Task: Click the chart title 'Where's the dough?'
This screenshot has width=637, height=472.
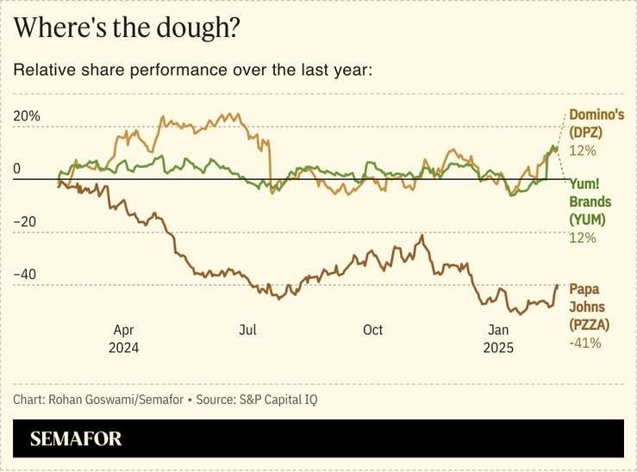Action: click(x=127, y=28)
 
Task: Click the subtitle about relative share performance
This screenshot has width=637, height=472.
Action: click(x=192, y=70)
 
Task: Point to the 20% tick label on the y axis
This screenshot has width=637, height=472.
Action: click(x=27, y=116)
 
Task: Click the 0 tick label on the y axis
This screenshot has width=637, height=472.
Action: click(x=16, y=169)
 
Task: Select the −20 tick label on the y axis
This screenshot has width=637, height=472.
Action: click(x=27, y=221)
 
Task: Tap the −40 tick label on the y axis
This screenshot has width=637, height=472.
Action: click(x=27, y=275)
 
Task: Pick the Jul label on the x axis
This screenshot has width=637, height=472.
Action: click(x=248, y=330)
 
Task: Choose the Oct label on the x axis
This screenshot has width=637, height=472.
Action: click(x=372, y=330)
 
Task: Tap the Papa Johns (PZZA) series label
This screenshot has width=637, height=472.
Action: click(x=589, y=307)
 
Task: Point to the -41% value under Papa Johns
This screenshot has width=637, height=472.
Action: click(x=584, y=343)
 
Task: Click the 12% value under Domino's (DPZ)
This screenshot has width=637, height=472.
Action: click(x=582, y=151)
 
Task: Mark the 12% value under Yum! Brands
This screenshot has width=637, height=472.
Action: click(x=582, y=238)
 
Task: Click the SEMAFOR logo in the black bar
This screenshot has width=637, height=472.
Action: click(x=76, y=439)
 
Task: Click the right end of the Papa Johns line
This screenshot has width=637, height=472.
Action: click(x=557, y=285)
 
